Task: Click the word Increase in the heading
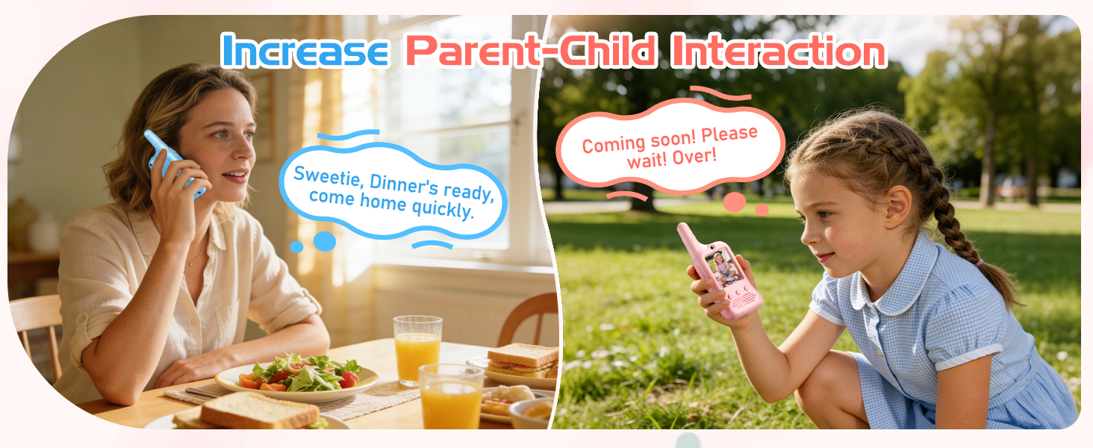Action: [304, 50]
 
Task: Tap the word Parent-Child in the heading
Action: [530, 51]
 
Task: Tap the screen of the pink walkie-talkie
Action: [724, 268]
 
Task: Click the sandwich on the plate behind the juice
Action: [522, 359]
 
